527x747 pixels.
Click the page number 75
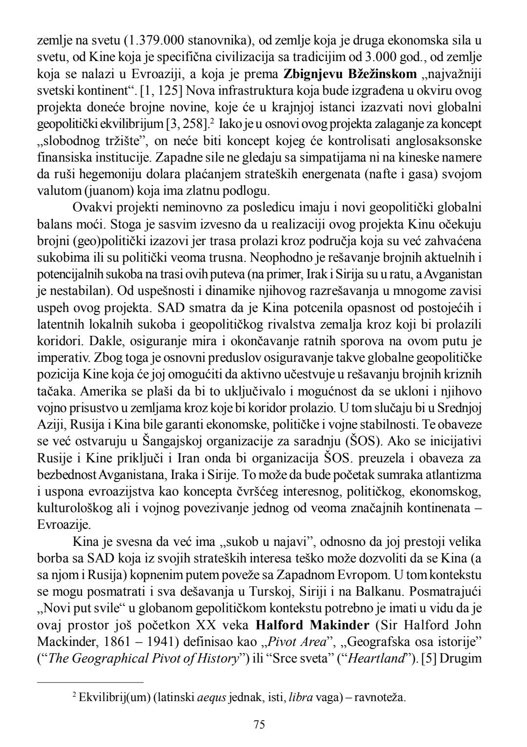point(259,724)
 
